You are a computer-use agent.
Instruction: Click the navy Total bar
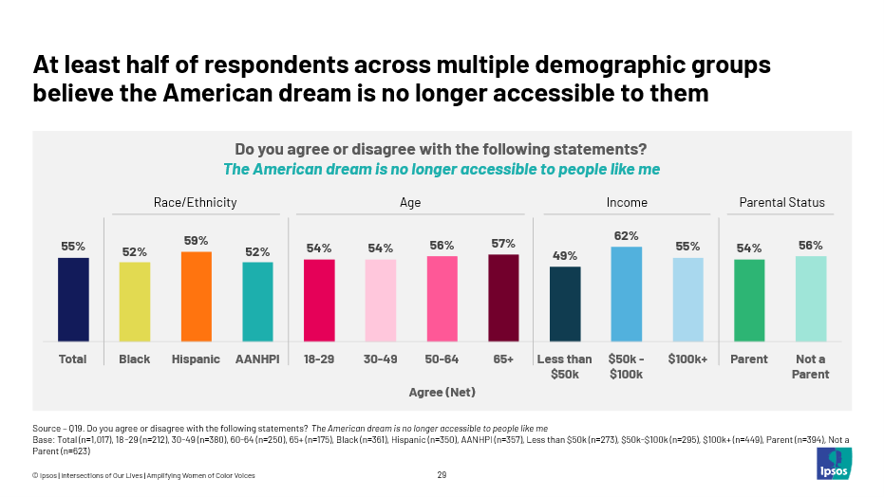(x=73, y=299)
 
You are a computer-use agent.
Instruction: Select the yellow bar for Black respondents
(x=134, y=302)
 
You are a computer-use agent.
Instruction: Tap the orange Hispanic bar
(x=196, y=296)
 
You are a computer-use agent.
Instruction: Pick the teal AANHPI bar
(x=257, y=302)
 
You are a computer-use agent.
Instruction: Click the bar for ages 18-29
(x=319, y=300)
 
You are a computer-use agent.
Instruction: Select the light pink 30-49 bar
(x=381, y=300)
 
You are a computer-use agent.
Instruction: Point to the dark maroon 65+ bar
(x=503, y=297)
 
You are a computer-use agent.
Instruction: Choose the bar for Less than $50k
(x=565, y=304)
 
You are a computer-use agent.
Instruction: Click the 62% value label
(x=626, y=235)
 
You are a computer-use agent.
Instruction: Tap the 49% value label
(x=565, y=255)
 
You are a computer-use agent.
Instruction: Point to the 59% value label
(x=196, y=241)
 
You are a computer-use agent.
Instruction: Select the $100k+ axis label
(x=687, y=359)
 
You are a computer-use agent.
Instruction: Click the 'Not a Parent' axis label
(x=810, y=367)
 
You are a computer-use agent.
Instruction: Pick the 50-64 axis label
(x=442, y=359)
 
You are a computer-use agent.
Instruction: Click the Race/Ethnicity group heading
(x=196, y=202)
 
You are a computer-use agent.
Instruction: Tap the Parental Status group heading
(x=781, y=202)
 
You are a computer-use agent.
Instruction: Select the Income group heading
(x=627, y=202)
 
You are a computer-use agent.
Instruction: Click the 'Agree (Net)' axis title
(x=442, y=392)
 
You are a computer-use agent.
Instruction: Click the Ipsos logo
(x=833, y=464)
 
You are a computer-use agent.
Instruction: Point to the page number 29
(x=442, y=475)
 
